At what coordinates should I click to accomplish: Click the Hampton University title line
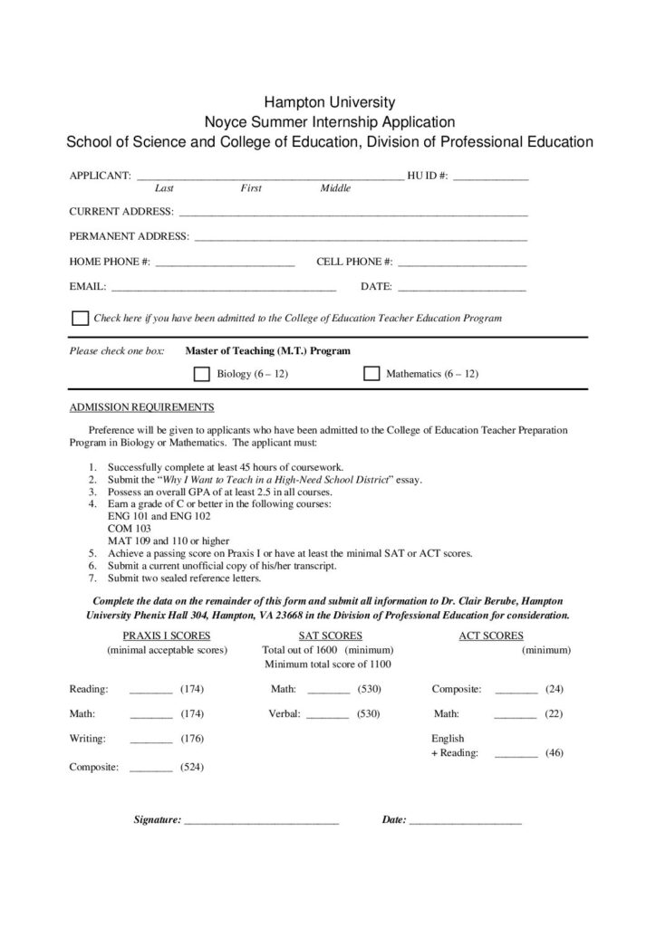tap(329, 102)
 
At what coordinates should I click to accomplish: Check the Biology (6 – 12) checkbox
tap(202, 374)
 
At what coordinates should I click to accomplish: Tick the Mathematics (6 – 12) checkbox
tap(371, 374)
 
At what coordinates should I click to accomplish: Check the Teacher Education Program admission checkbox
tap(80, 319)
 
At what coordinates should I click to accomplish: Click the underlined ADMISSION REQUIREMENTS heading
tap(142, 406)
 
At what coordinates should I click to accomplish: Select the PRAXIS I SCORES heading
tap(167, 636)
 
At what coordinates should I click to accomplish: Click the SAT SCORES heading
tap(331, 636)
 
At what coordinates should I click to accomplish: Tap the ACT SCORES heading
tap(491, 636)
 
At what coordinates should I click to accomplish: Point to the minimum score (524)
tap(192, 768)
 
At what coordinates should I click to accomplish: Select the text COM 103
tap(130, 528)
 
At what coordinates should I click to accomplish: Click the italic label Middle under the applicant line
tap(335, 188)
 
